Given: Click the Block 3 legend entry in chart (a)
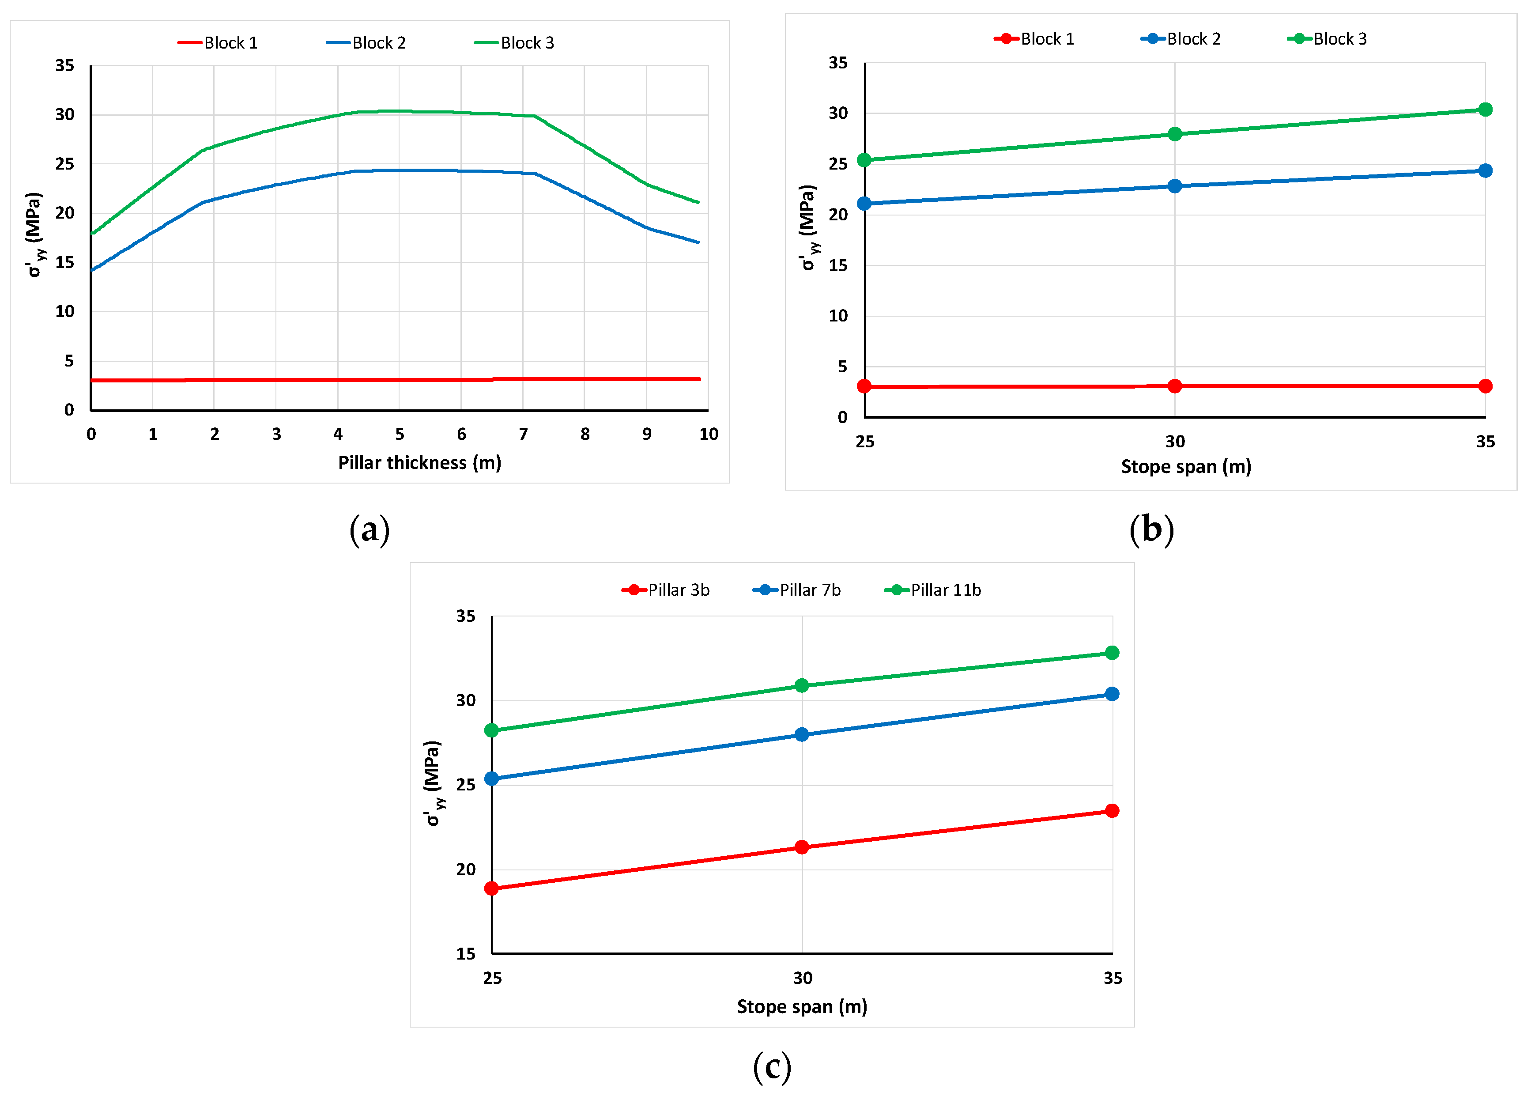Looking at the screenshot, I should pyautogui.click(x=514, y=43).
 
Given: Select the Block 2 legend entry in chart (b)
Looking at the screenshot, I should pyautogui.click(x=1181, y=38).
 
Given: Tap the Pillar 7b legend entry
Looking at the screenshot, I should pyautogui.click(x=797, y=590).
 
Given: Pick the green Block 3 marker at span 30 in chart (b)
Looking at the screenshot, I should pyautogui.click(x=1175, y=134).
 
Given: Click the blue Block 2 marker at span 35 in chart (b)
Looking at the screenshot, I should pyautogui.click(x=1485, y=170).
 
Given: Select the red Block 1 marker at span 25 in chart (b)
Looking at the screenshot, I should pyautogui.click(x=864, y=386).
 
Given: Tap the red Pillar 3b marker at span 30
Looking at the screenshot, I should pyautogui.click(x=802, y=847).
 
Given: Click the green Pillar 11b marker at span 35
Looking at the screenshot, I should pyautogui.click(x=1112, y=653).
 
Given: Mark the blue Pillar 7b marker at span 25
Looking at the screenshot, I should pyautogui.click(x=492, y=779).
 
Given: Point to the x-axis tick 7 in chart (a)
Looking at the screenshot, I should pyautogui.click(x=523, y=434).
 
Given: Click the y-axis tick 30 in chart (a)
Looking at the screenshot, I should pyautogui.click(x=65, y=114).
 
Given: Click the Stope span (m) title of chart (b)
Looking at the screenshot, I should pyautogui.click(x=1186, y=466).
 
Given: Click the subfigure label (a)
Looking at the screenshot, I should pyautogui.click(x=370, y=529).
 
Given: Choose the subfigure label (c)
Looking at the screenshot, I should pyautogui.click(x=772, y=1067).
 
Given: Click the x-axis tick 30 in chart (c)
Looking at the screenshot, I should pyautogui.click(x=803, y=978).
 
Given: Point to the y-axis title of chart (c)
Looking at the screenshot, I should pyautogui.click(x=433, y=783).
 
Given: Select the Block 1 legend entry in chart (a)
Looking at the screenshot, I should pyautogui.click(x=218, y=43).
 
